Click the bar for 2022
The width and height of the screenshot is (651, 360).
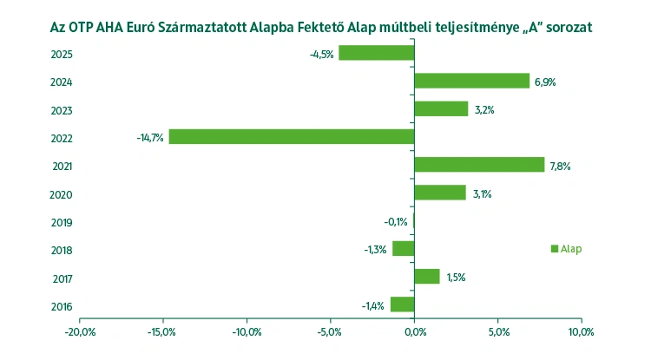pos(291,137)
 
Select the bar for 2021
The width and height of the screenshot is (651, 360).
pos(479,165)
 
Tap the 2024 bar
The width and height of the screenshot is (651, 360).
pos(471,81)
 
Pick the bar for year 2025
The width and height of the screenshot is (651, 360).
pos(376,53)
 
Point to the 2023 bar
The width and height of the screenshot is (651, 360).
pos(441,109)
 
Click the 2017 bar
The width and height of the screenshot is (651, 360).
pos(427,277)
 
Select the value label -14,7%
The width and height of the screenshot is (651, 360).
pos(149,138)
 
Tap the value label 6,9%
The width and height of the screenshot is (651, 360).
pos(545,82)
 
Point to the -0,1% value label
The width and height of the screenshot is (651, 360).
pos(397,222)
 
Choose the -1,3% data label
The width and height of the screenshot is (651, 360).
pos(376,250)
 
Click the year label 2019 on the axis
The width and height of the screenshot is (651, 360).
pos(62,223)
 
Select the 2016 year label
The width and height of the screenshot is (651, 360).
pos(62,307)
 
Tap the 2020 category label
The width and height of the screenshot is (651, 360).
pos(62,195)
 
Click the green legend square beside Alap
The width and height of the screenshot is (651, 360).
pos(555,249)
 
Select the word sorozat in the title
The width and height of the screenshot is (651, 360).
pos(565,28)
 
